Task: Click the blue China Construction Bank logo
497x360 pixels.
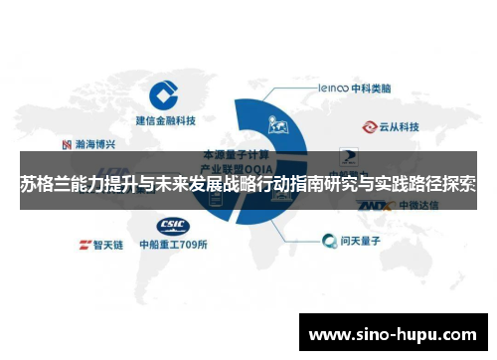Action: [166, 97]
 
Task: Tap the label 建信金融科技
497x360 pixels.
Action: [166, 121]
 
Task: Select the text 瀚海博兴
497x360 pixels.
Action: [93, 143]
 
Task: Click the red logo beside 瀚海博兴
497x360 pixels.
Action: [66, 143]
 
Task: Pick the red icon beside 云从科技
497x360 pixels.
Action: [370, 127]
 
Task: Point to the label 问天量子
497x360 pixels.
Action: [365, 240]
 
